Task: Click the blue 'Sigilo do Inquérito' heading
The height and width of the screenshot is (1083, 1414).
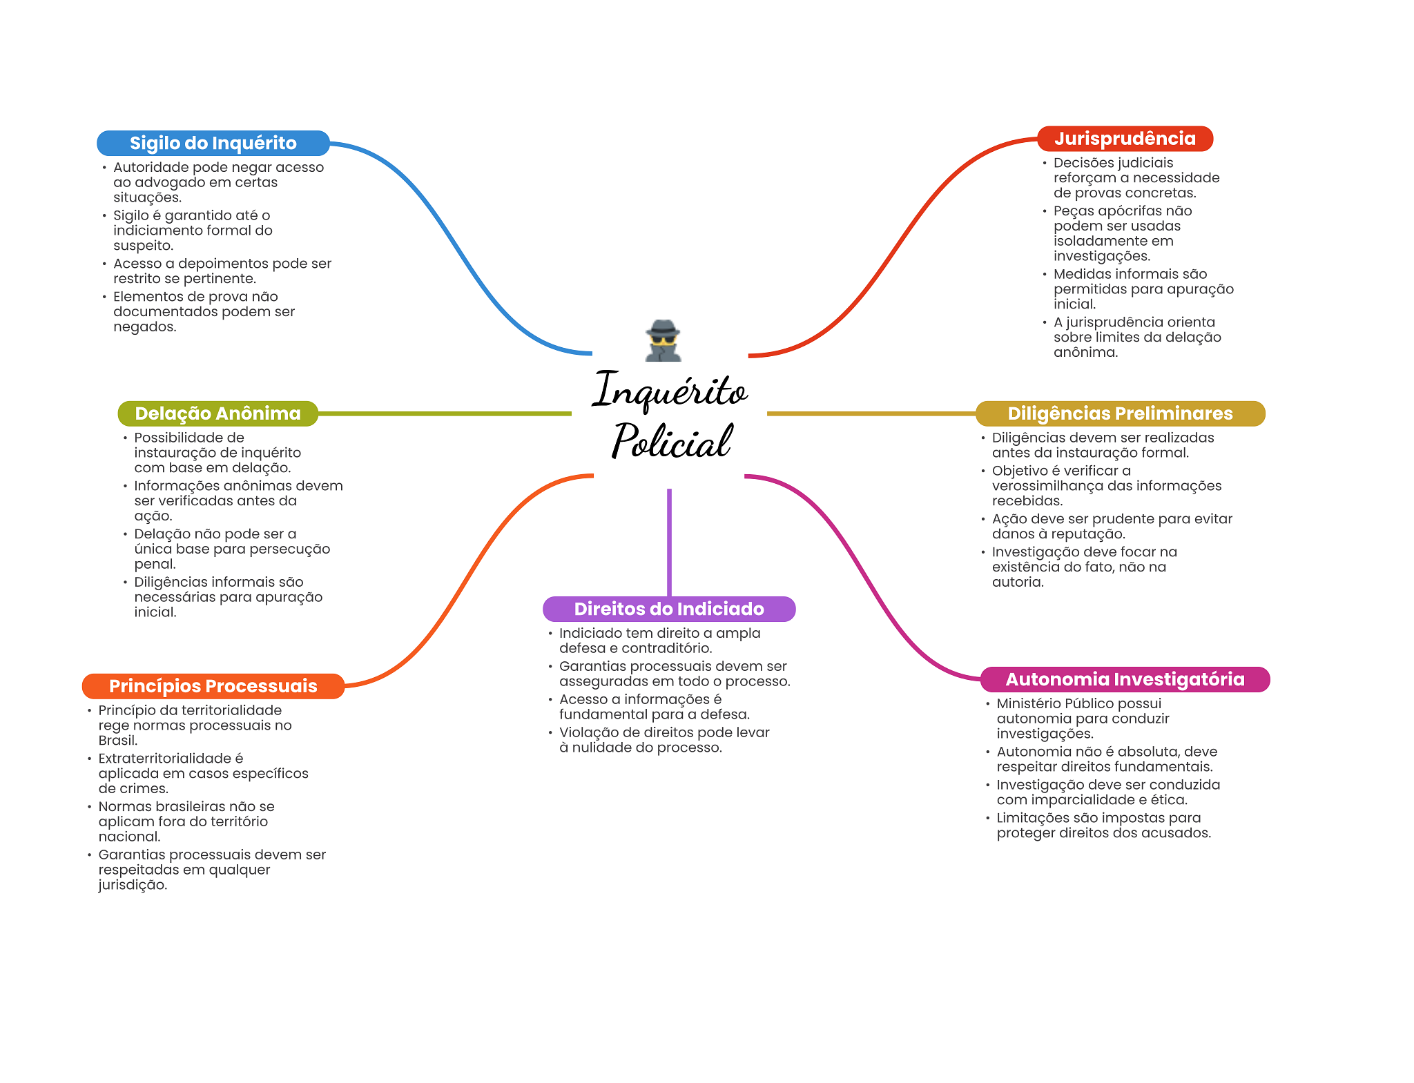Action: (x=213, y=143)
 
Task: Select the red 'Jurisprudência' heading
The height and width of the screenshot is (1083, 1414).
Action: (x=1125, y=139)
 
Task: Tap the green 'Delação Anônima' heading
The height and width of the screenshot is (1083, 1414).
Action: (x=217, y=413)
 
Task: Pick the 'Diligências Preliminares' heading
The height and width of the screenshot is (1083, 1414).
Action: (x=1120, y=413)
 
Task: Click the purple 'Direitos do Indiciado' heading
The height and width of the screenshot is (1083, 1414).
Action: (x=669, y=609)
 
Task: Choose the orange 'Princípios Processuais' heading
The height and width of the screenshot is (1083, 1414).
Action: (x=213, y=686)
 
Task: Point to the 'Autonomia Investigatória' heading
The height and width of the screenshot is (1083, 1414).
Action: (x=1125, y=679)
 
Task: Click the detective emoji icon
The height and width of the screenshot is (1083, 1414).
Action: (x=663, y=340)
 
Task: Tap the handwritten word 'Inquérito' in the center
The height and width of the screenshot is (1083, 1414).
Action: (x=670, y=391)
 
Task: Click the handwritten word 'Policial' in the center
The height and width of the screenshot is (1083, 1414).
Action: (x=671, y=442)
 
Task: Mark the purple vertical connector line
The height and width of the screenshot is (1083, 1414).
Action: (x=669, y=542)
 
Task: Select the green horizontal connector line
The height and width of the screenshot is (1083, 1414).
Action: (x=445, y=413)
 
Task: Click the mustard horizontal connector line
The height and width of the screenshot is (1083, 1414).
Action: (x=871, y=413)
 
